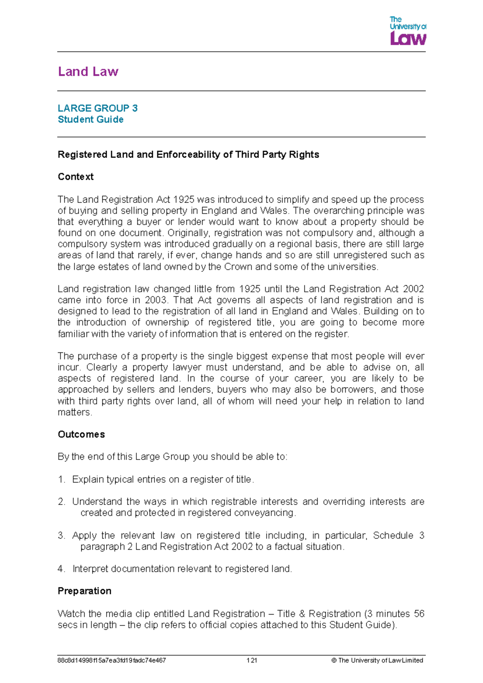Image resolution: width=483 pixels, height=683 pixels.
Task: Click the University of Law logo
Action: pos(407,31)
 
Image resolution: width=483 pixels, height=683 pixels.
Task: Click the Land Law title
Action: pos(88,72)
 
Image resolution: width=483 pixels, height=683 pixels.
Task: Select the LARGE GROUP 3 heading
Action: pos(97,108)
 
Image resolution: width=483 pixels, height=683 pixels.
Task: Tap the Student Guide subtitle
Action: pos(91,120)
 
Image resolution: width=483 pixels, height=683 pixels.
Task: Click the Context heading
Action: pos(76,177)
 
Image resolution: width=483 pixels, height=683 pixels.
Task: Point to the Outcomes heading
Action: pos(81,435)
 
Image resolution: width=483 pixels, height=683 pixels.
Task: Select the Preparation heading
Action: pos(85,591)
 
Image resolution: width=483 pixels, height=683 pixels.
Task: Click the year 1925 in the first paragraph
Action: pos(184,200)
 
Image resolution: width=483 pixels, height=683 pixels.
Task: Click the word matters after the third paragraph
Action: pos(74,412)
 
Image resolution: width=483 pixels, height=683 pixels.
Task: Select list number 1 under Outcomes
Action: pos(61,480)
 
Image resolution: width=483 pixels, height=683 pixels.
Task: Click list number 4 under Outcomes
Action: pos(61,569)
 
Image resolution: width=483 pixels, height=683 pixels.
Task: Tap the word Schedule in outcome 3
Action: pos(393,536)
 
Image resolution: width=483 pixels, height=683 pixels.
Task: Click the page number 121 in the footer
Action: pos(252,660)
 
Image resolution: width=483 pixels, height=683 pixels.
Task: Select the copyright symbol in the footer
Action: pos(334,660)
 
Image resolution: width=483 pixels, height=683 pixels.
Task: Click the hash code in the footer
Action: pos(112,660)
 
